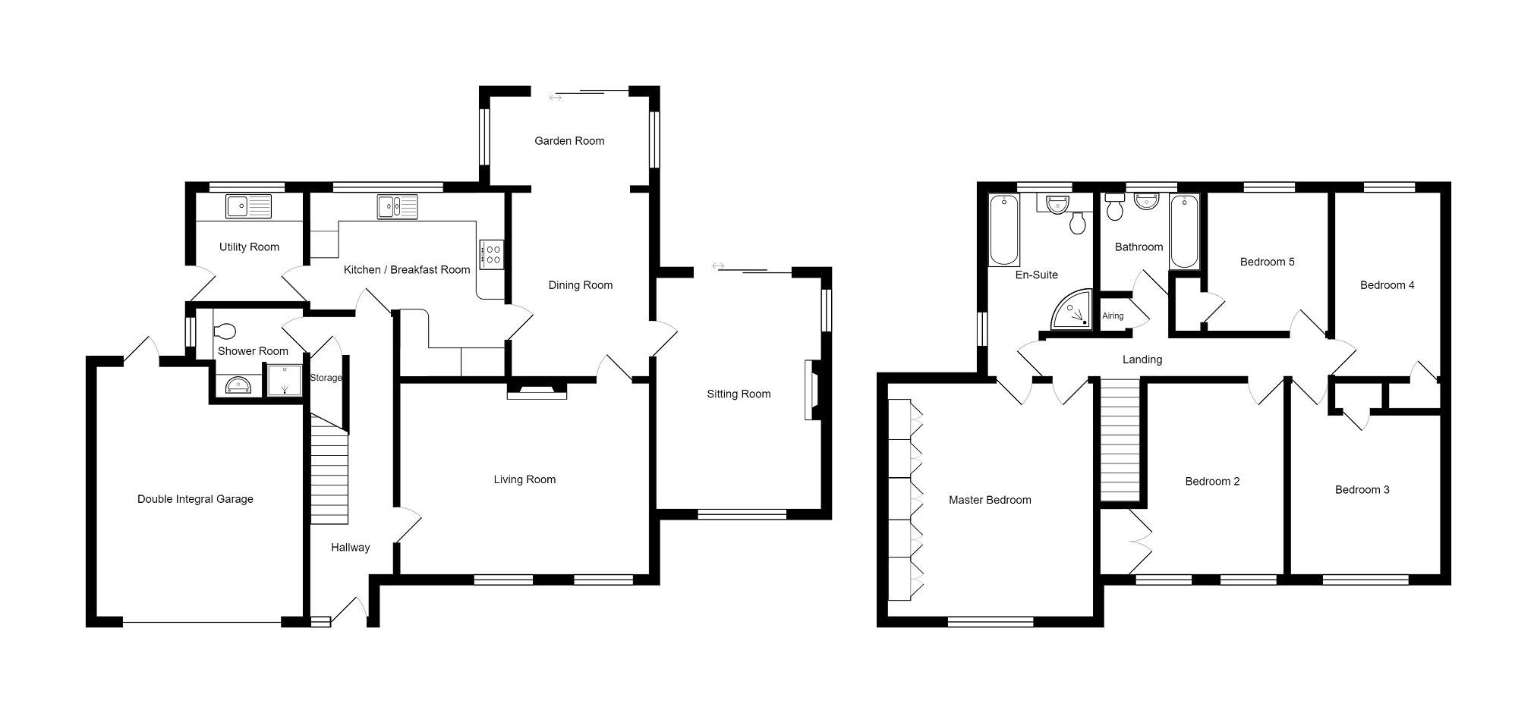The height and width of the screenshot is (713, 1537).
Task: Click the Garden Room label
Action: (x=569, y=141)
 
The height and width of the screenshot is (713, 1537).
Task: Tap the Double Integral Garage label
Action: (x=195, y=499)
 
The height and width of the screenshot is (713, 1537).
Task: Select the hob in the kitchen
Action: (x=491, y=253)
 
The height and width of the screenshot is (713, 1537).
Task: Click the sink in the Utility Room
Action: (x=248, y=206)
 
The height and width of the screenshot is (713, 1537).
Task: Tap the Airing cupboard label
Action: (x=1113, y=316)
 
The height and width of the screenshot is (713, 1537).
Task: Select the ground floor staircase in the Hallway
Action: (x=329, y=474)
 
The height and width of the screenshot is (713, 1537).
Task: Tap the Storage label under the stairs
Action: (x=326, y=378)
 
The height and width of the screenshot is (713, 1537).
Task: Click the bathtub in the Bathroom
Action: (x=1184, y=231)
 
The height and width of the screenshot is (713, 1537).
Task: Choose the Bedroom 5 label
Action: (x=1267, y=262)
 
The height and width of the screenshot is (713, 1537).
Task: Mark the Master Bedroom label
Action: (x=990, y=500)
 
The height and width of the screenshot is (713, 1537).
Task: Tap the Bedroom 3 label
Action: (x=1362, y=490)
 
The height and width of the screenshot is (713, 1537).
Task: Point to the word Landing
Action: (x=1142, y=360)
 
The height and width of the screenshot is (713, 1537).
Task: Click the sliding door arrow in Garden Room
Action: (x=556, y=97)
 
